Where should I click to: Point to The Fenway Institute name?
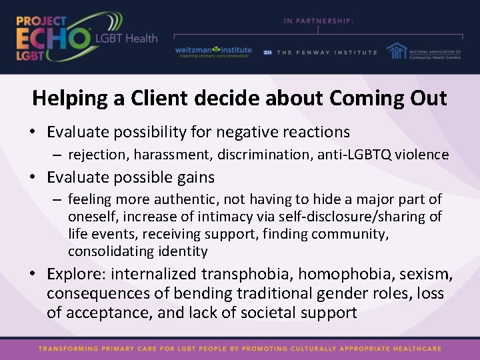pos(327,53)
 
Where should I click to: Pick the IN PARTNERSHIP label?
pos(319,21)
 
